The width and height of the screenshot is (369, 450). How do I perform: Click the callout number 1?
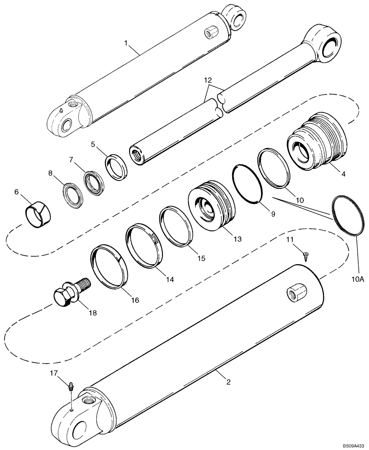(x=127, y=43)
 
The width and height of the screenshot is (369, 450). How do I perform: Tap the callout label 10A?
(x=357, y=279)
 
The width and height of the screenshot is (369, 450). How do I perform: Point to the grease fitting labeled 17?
(x=71, y=386)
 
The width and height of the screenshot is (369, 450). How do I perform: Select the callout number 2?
(x=228, y=382)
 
